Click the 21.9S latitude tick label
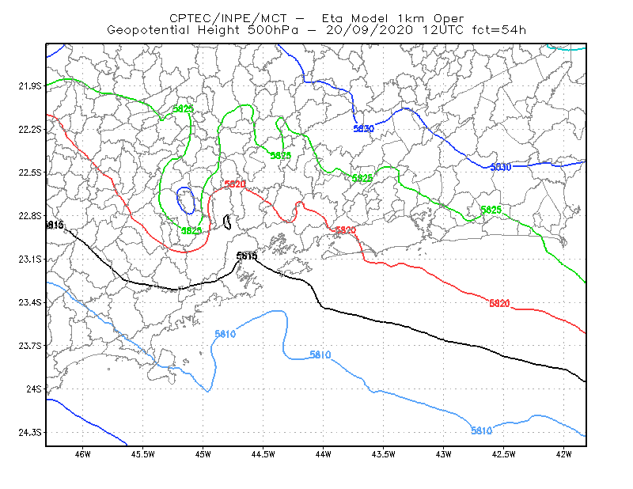click(x=30, y=86)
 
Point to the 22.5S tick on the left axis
click(x=30, y=172)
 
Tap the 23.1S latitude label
click(x=30, y=259)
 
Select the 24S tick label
click(x=34, y=389)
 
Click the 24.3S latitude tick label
click(x=30, y=433)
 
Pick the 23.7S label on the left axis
click(x=30, y=346)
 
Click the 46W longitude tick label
click(x=83, y=454)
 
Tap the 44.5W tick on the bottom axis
click(x=263, y=454)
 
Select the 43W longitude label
click(x=443, y=454)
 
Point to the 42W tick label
click(x=563, y=454)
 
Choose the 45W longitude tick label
click(x=203, y=454)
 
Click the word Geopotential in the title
click(x=148, y=30)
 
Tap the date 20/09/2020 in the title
click(x=370, y=30)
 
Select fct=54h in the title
click(x=499, y=30)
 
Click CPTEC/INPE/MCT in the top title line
click(x=228, y=18)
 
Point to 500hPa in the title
click(x=273, y=30)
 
